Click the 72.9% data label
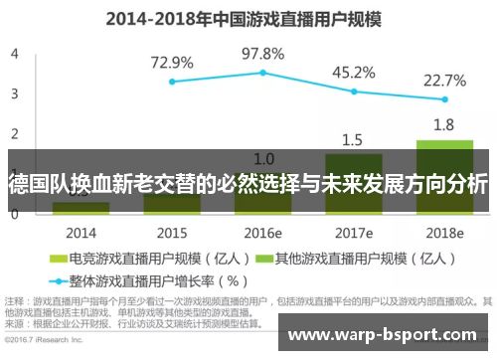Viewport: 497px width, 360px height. click(172, 63)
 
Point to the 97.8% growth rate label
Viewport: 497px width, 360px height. click(262, 53)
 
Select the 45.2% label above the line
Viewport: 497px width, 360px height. click(353, 72)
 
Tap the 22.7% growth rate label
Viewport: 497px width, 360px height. click(444, 81)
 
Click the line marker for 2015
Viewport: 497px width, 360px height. click(172, 82)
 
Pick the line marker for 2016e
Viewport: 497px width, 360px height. click(262, 73)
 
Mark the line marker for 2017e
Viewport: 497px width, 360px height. click(353, 90)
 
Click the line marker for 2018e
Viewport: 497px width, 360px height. click(444, 99)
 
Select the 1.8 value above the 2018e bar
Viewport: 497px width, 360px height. click(444, 125)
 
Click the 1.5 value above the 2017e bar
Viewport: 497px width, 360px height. click(353, 139)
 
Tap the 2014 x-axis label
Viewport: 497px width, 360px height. click(81, 232)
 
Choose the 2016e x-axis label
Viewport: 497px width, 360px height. click(262, 232)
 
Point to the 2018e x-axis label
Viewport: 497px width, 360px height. click(444, 232)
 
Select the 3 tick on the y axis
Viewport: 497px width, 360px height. click(13, 93)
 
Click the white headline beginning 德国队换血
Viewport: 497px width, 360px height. click(248, 184)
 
